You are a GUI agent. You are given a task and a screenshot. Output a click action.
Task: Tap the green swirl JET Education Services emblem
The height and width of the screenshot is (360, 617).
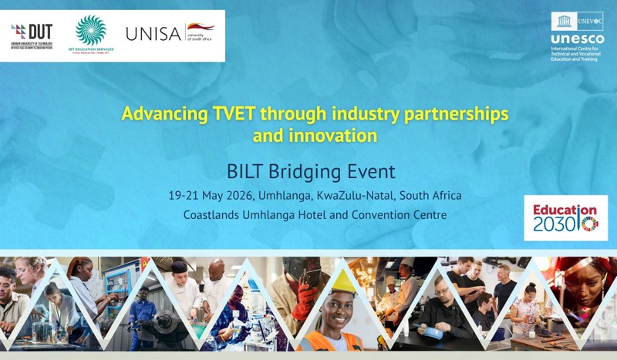91,31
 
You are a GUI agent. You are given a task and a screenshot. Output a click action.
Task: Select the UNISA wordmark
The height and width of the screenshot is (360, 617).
153,34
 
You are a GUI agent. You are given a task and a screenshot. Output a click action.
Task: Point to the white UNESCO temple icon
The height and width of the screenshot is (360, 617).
561,22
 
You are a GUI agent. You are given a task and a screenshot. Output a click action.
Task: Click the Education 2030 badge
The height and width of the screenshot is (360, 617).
560,218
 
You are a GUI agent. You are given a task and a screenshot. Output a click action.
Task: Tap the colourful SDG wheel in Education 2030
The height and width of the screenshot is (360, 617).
588,224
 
